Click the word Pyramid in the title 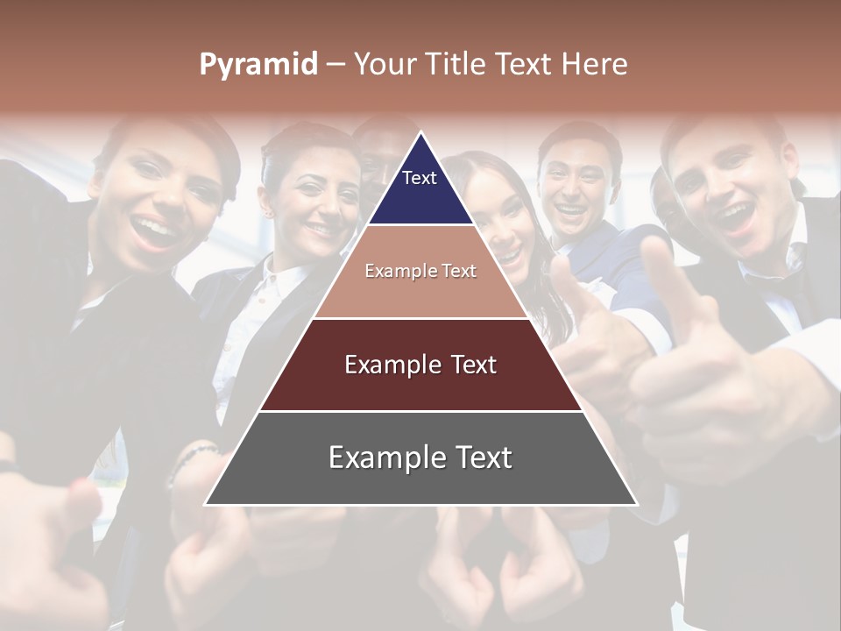tap(258, 64)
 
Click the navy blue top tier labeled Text tap(420, 188)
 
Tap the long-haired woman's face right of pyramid tap(499, 219)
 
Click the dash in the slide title tap(336, 64)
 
